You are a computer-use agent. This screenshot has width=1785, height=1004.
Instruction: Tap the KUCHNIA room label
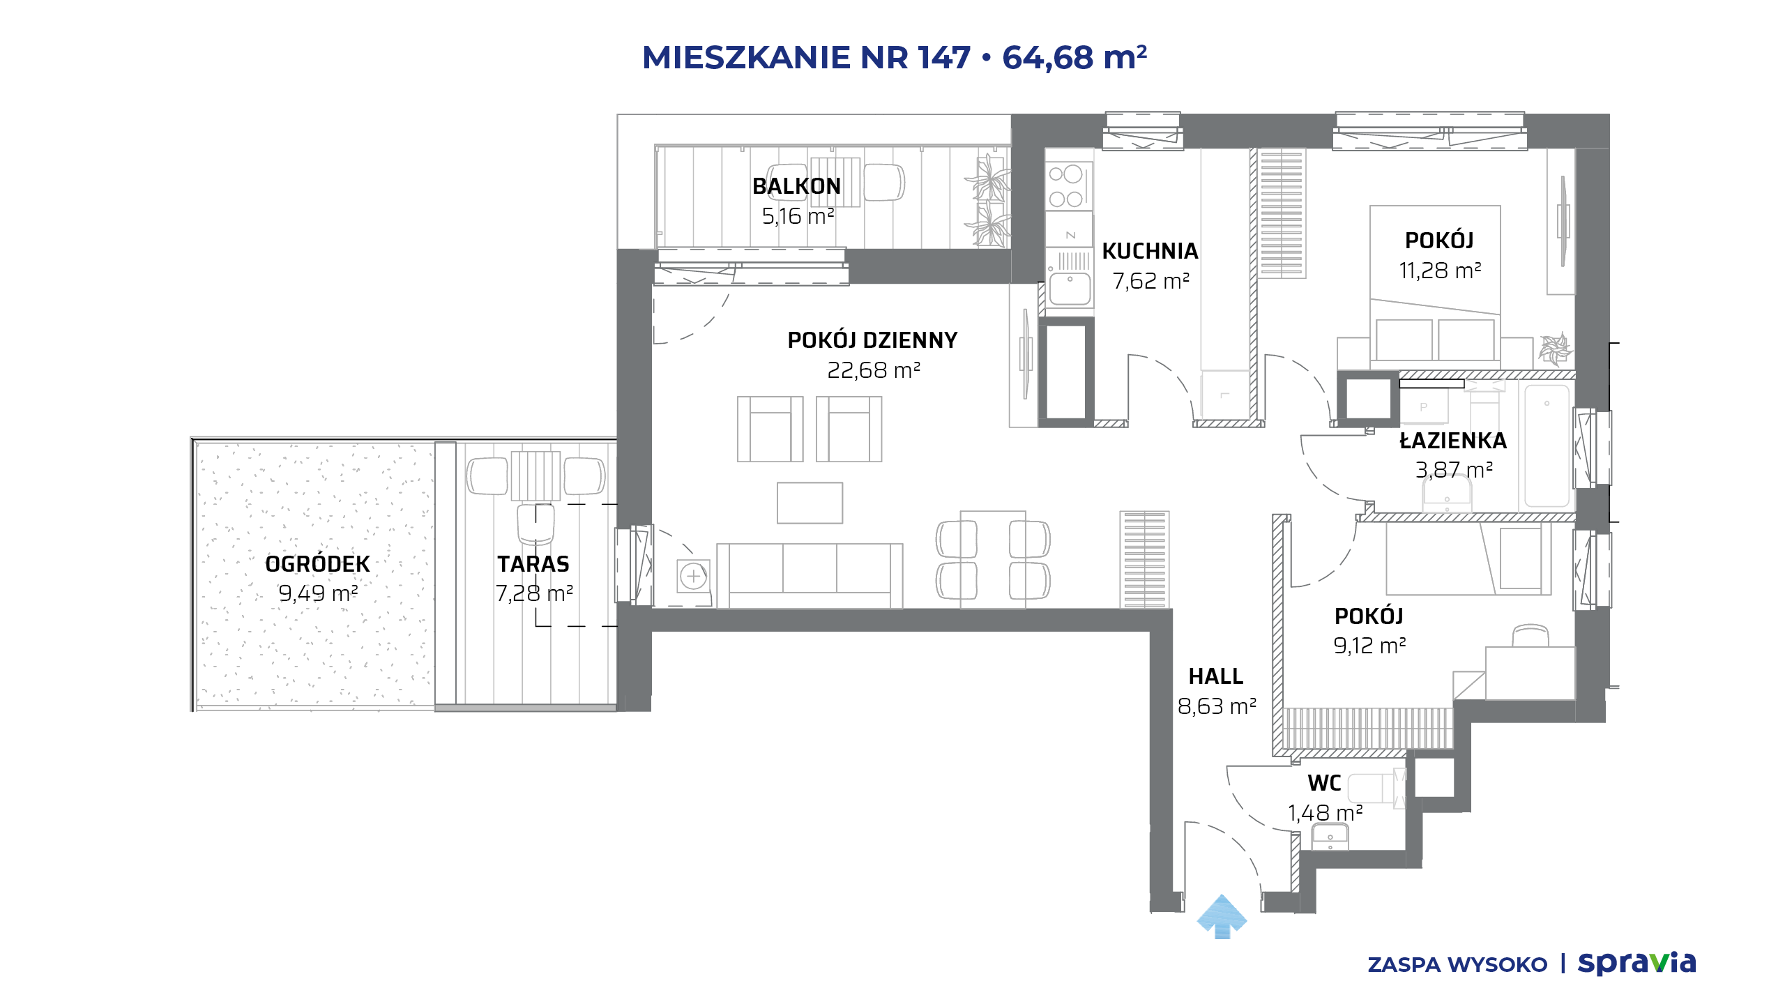(1150, 251)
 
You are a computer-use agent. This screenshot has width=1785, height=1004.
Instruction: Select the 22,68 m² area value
(874, 370)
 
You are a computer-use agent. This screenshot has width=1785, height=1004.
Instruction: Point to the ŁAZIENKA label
(1453, 440)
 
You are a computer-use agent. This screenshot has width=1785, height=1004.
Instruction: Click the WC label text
(1324, 783)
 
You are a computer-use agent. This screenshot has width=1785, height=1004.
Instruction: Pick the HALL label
(1216, 676)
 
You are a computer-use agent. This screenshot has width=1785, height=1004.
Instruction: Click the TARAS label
(533, 563)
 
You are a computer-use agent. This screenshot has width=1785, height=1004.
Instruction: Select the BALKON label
(796, 186)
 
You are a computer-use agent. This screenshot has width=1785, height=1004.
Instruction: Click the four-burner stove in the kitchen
(1066, 186)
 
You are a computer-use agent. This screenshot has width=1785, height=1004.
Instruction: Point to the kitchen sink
(1070, 288)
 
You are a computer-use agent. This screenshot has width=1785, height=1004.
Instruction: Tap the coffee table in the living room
(810, 503)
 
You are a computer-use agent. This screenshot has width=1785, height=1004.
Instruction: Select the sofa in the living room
(810, 576)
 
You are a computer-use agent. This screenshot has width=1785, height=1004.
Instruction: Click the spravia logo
(1636, 964)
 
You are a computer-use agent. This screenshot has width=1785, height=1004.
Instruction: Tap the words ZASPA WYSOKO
(1457, 965)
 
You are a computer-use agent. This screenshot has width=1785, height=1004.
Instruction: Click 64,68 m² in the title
(1074, 57)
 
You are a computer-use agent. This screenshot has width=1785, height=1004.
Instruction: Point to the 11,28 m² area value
(1440, 271)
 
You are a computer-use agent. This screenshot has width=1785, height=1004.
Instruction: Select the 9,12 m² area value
(1369, 646)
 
